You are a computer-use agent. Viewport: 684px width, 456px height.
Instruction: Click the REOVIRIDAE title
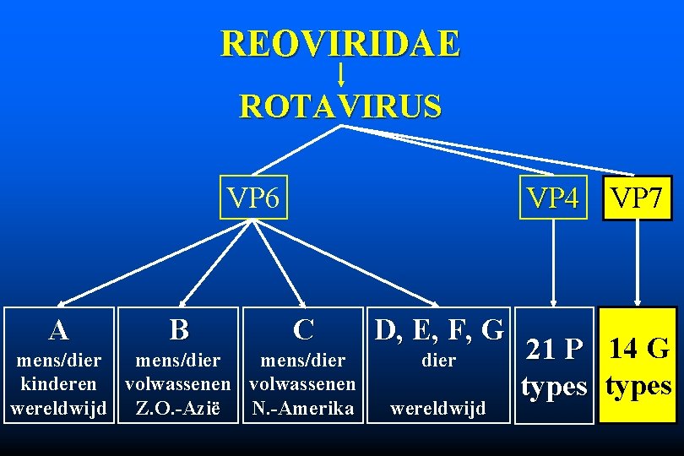340,43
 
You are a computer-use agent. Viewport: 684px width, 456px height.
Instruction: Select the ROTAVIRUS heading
340,107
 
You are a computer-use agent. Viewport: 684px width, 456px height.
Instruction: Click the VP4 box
553,198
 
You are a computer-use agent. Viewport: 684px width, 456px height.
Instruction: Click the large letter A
58,330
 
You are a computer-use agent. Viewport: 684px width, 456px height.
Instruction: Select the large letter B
178,329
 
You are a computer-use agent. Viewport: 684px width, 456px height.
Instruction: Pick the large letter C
303,328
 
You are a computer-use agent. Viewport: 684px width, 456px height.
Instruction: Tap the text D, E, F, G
438,328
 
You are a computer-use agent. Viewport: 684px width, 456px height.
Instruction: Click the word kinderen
59,384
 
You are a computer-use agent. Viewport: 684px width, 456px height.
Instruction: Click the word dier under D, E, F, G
438,361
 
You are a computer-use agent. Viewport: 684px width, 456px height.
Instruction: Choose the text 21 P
554,349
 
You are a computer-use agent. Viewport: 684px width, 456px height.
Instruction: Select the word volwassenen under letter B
179,384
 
